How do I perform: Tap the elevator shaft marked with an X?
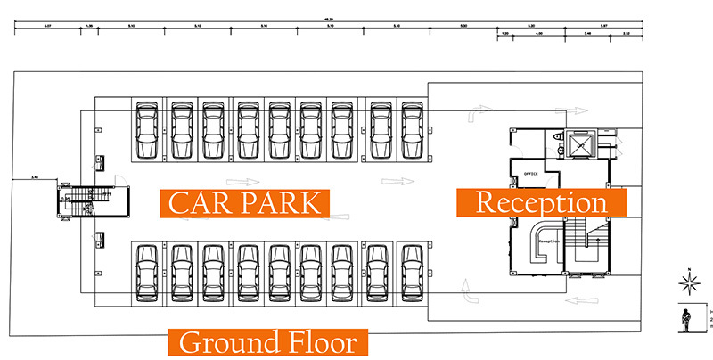click(579, 144)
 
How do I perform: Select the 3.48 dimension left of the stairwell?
click(33, 178)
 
